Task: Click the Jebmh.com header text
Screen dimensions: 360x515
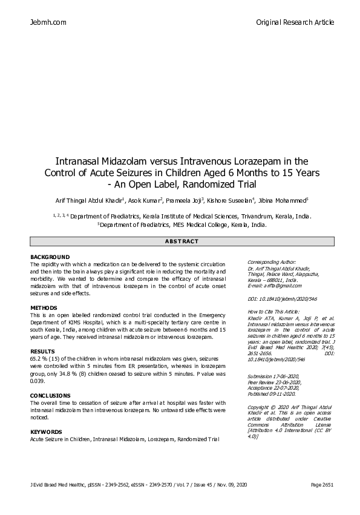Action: [x=48, y=22]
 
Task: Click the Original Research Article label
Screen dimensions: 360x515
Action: [x=295, y=22]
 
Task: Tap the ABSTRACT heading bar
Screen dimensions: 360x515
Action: [x=182, y=241]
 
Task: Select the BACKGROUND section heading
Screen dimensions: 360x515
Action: [x=50, y=257]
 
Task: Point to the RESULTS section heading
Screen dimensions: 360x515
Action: [x=42, y=351]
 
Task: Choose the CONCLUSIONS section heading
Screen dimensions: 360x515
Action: [x=50, y=395]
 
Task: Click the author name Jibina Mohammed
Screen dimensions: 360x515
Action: [x=284, y=200]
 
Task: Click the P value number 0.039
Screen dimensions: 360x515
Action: [x=38, y=381]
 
